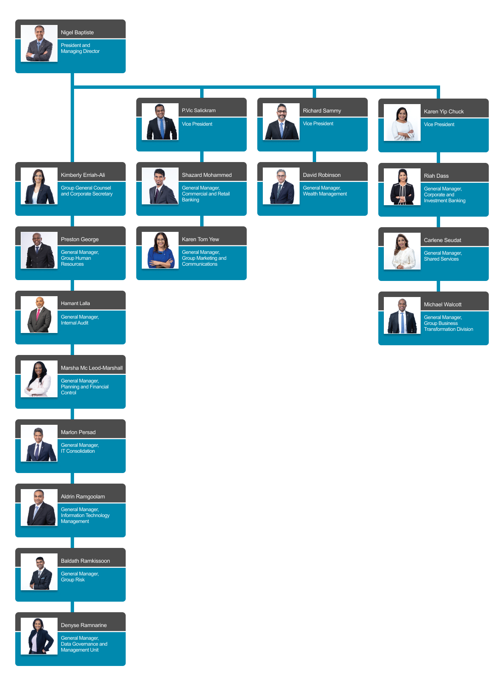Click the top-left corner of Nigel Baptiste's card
pos(16,20)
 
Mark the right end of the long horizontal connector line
pos(440,87)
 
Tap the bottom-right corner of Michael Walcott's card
pos(488,345)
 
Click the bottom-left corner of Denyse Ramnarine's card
pos(16,666)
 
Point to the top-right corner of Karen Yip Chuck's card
pos(488,99)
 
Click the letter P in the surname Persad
pos(80,432)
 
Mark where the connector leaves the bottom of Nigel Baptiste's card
pos(72,73)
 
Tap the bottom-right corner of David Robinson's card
pos(367,215)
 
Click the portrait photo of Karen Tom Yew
pos(160,250)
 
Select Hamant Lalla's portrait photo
pos(39,314)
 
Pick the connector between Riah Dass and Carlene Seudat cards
pos(438,222)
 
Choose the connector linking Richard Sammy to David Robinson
pos(314,157)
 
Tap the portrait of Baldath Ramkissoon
pos(39,572)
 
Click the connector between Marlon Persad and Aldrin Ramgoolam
pos(72,478)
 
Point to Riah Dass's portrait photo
pos(402,187)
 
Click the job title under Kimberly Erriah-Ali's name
pos(87,191)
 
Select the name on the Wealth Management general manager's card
pos(322,175)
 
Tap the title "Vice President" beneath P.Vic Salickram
pos(197,124)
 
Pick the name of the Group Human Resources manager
pos(80,239)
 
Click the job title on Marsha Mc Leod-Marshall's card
pos(84,387)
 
